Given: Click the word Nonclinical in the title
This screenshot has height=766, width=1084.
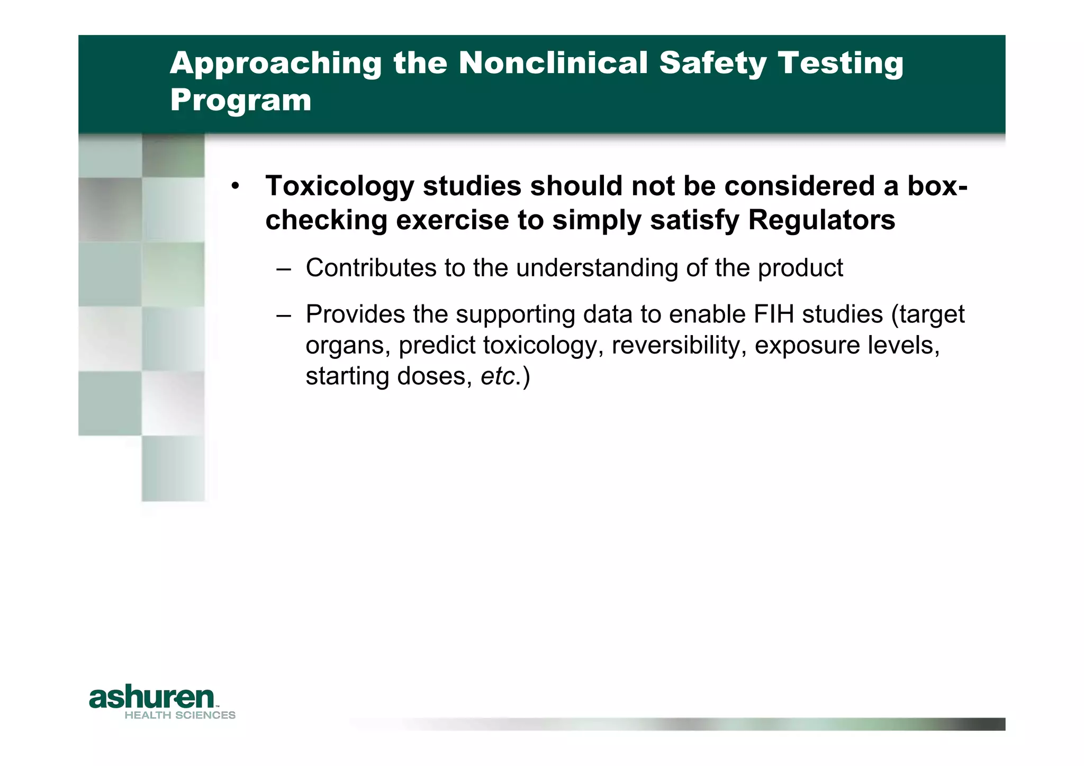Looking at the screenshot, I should tap(553, 63).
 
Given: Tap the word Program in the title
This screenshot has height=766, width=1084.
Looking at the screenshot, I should tap(241, 101).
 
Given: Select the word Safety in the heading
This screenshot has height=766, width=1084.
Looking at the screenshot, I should tap(712, 63).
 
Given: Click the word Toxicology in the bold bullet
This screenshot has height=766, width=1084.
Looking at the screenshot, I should tap(339, 186).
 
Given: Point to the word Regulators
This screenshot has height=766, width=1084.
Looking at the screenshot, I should tap(821, 220).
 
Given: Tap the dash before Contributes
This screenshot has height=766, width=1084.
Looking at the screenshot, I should tap(284, 269).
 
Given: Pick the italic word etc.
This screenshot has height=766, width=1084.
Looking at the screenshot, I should tap(498, 376).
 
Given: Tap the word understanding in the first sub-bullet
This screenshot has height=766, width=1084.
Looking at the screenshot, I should tap(597, 268).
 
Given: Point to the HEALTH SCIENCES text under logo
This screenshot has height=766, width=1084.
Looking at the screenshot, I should tap(180, 716).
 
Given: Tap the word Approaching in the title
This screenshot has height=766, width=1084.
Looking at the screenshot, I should tap(275, 63).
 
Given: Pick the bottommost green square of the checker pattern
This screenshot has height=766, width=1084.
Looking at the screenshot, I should tap(173, 468).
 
